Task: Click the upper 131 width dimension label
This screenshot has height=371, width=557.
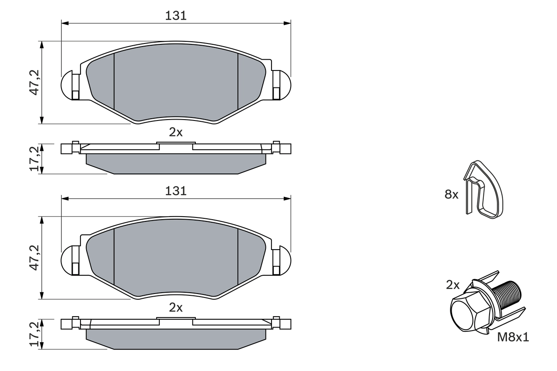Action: click(176, 16)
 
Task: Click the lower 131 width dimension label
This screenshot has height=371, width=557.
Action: click(176, 191)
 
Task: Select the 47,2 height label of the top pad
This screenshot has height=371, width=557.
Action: click(34, 82)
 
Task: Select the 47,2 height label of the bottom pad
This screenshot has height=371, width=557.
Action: click(34, 257)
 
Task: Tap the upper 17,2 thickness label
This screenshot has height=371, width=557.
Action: click(34, 158)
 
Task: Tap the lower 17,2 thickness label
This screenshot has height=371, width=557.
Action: click(34, 334)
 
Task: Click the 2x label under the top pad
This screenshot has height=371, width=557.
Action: click(176, 133)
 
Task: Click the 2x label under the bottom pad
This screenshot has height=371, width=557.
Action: click(176, 308)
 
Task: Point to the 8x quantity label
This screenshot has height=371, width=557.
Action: click(451, 194)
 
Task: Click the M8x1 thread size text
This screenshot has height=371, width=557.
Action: click(513, 337)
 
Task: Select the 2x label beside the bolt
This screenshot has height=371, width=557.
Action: click(453, 285)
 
